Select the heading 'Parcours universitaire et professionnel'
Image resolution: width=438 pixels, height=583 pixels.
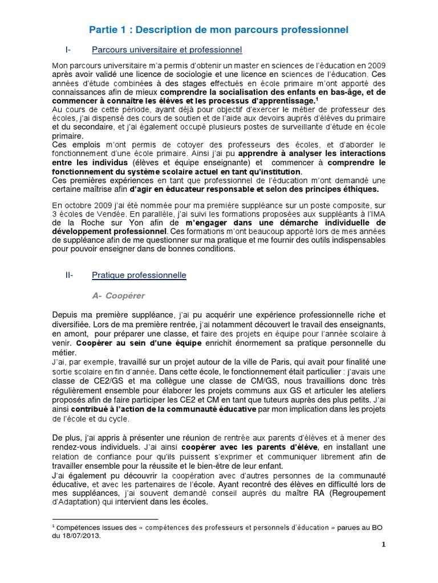[167, 50]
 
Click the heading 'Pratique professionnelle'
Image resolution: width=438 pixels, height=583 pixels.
[139, 275]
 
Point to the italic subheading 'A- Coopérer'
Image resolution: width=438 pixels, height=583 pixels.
[118, 295]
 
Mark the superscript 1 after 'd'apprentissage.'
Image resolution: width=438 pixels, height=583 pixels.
[317, 99]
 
